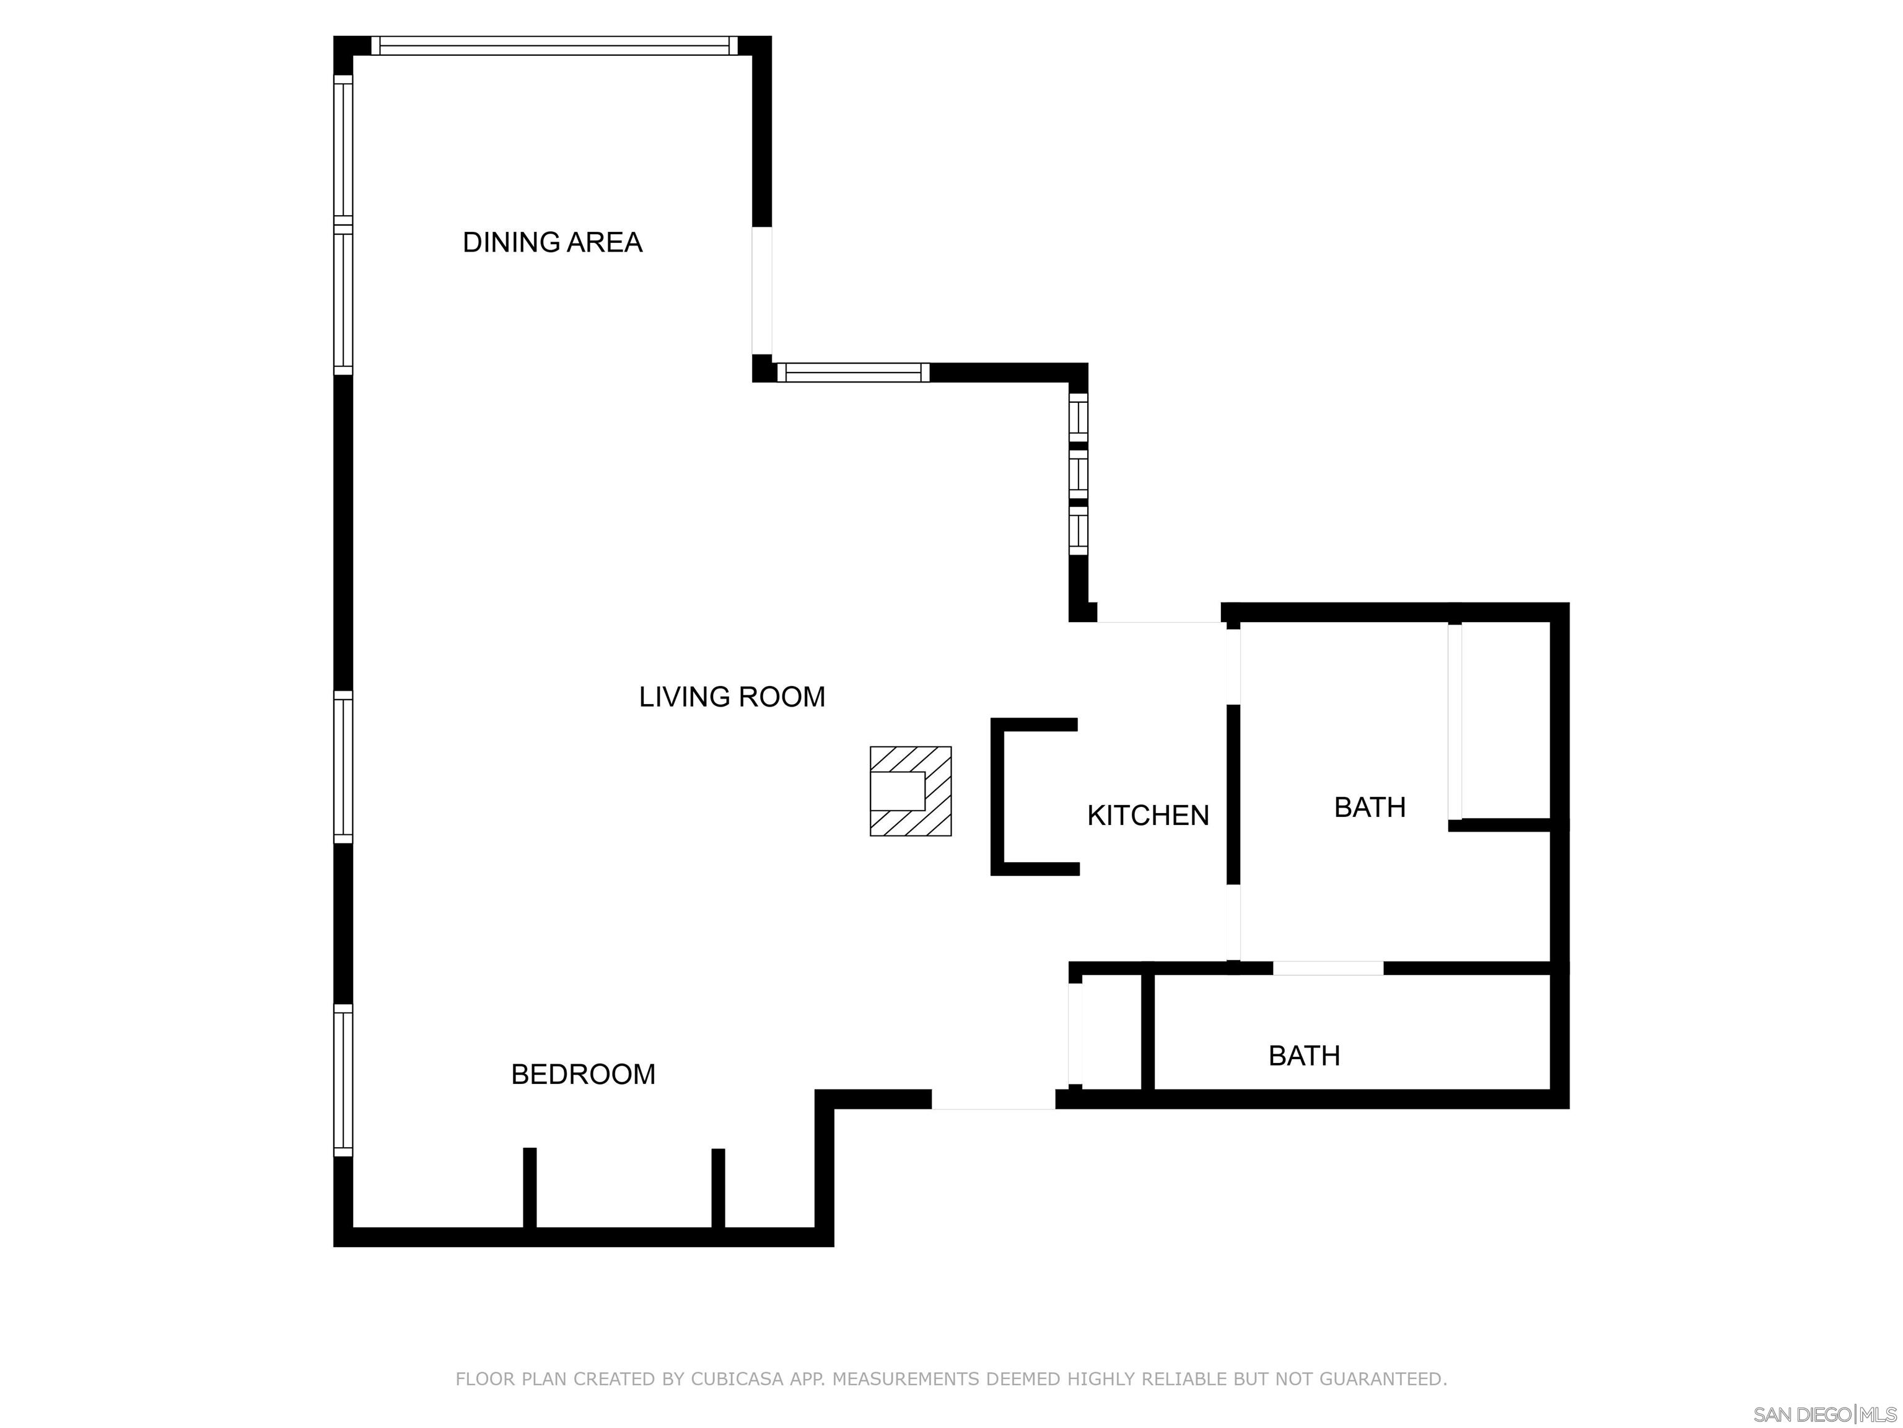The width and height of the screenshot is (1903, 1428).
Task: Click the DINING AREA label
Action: pyautogui.click(x=553, y=243)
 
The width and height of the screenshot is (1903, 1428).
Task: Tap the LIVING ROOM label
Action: pyautogui.click(x=732, y=697)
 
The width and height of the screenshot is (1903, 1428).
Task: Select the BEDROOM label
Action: pyautogui.click(x=584, y=1074)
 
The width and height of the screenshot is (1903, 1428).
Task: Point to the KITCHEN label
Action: pyautogui.click(x=1148, y=815)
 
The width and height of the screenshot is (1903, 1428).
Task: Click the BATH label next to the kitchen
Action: pyautogui.click(x=1370, y=808)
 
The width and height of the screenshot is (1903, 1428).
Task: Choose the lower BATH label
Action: pyautogui.click(x=1304, y=1056)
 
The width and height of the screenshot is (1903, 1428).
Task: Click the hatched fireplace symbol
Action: pyautogui.click(x=910, y=791)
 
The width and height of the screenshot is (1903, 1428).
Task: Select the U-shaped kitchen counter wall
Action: pyautogui.click(x=997, y=797)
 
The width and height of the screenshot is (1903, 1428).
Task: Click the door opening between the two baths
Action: pyautogui.click(x=1328, y=968)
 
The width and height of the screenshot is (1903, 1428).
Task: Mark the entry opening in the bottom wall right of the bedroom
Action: pyautogui.click(x=993, y=1099)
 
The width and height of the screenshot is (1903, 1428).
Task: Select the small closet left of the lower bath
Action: pyautogui.click(x=1110, y=1033)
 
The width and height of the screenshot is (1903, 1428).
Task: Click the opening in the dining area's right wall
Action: pyautogui.click(x=762, y=290)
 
